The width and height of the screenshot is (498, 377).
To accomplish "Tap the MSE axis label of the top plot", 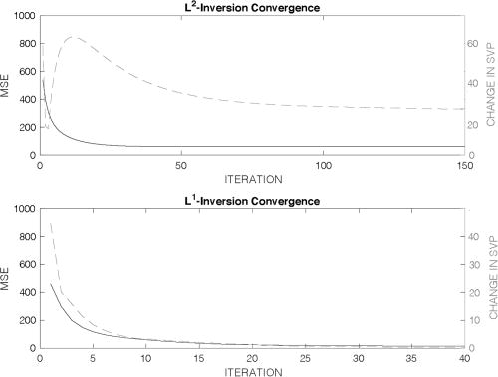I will click(7, 86).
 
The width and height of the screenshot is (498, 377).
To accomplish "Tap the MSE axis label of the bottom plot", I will click(7, 277).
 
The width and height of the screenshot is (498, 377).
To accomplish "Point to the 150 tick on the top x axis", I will click(464, 165).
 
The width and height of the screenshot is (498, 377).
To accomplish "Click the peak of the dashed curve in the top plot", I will click(72, 37).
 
